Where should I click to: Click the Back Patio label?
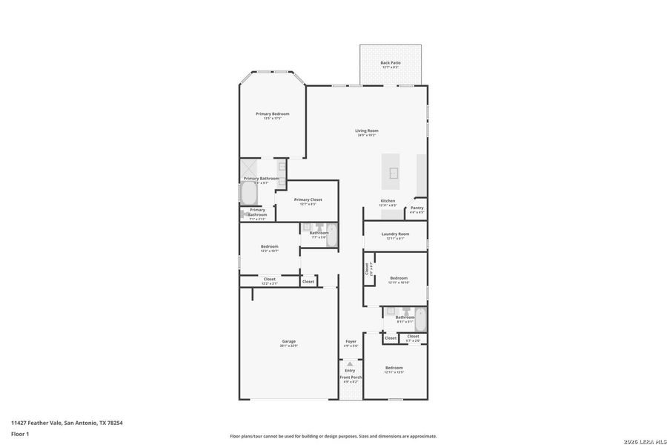coord(391,63)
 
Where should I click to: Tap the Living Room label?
coord(367,131)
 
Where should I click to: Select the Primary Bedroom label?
coord(272,113)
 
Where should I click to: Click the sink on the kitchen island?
coord(394,174)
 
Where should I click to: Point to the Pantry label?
coord(417,208)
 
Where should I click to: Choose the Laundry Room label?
coord(395,234)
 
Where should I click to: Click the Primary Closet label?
coord(308,200)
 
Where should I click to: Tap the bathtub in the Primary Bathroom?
coord(248,195)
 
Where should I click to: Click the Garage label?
coord(288,341)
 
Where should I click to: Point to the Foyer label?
coord(351,342)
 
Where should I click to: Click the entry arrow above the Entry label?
coord(351,364)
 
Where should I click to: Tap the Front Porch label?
coord(351,378)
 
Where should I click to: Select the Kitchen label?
coord(388,201)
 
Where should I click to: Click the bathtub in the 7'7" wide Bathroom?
coord(331,236)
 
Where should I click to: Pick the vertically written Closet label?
coord(367,269)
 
